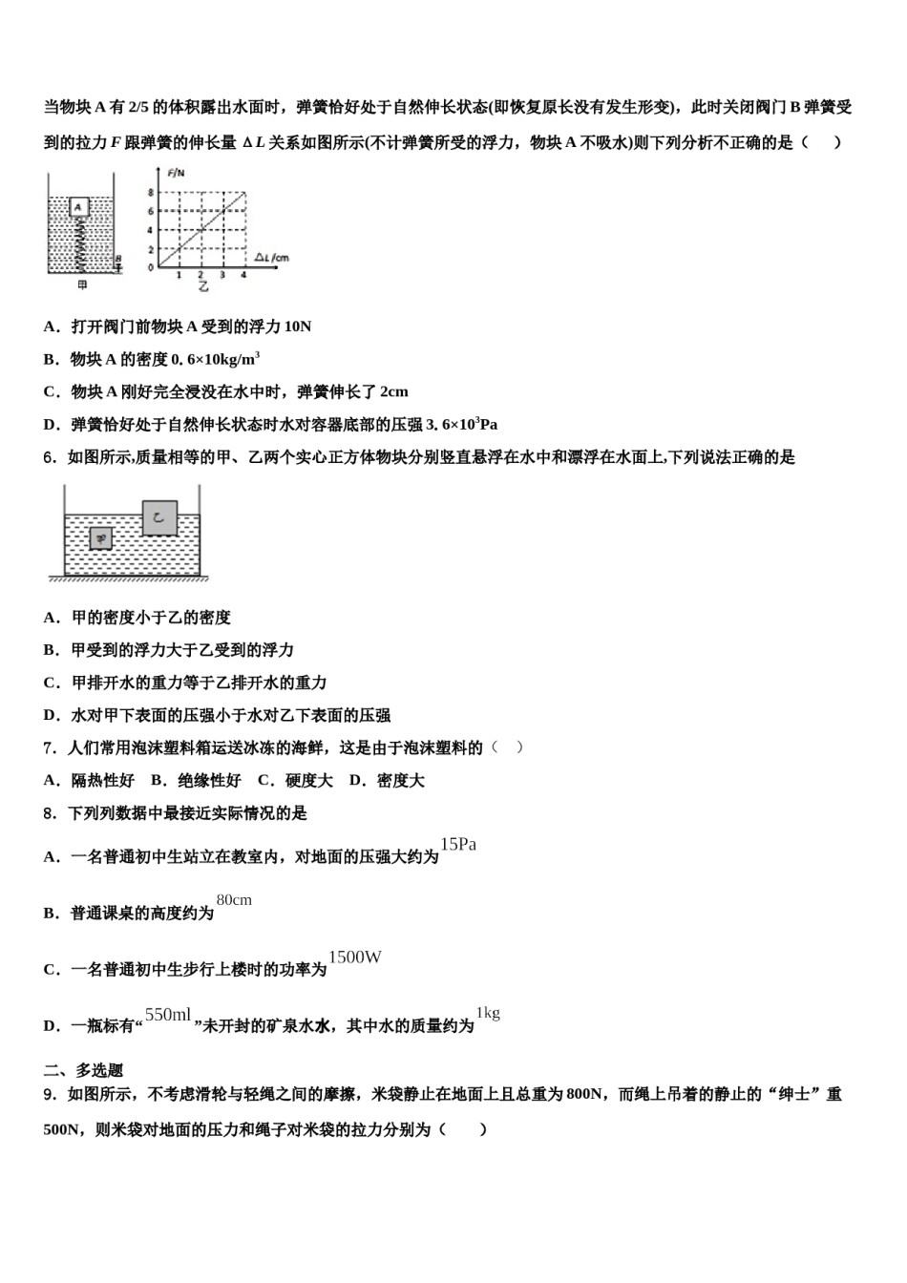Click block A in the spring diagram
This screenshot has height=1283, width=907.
tap(80, 207)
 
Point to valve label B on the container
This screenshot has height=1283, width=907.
tap(117, 259)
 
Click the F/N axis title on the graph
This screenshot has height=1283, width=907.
tap(175, 173)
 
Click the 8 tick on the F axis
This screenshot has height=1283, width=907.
tap(150, 194)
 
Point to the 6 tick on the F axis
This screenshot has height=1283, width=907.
tap(150, 212)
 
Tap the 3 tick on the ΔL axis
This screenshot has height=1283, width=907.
tap(222, 276)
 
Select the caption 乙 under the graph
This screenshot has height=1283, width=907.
tap(203, 286)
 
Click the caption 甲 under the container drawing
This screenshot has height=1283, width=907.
tap(81, 285)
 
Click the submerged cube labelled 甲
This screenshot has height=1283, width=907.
tap(100, 539)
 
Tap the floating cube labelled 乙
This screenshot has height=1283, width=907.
tap(159, 518)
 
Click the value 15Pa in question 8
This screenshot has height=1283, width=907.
tap(458, 844)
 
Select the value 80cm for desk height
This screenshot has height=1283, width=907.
tap(234, 900)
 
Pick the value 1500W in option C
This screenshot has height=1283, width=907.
tap(355, 957)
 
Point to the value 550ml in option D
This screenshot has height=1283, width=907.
tap(168, 1015)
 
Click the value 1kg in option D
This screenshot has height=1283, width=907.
tap(488, 1013)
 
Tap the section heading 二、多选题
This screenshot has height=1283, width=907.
tap(83, 1070)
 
